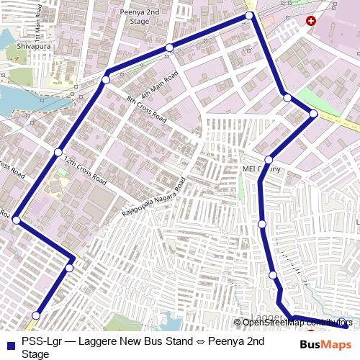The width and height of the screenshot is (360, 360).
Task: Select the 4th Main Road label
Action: pyautogui.click(x=159, y=86)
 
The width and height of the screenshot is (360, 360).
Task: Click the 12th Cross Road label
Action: pyautogui.click(x=85, y=168)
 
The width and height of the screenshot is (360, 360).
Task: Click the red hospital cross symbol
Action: pyautogui.click(x=310, y=22)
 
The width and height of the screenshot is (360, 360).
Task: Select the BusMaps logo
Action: pyautogui.click(x=325, y=346)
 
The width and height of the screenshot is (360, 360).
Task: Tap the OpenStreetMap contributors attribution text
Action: pyautogui.click(x=297, y=323)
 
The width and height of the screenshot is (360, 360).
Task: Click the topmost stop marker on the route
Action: pyautogui.click(x=249, y=15)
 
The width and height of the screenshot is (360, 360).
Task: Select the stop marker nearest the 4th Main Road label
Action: pyautogui.click(x=169, y=48)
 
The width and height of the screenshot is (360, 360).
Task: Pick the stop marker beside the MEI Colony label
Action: pyautogui.click(x=269, y=160)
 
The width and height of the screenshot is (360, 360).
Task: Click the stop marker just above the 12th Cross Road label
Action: pyautogui.click(x=58, y=152)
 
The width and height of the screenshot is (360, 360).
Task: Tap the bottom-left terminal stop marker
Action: pyautogui.click(x=37, y=315)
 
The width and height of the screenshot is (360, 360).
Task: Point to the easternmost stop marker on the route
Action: pyautogui.click(x=314, y=114)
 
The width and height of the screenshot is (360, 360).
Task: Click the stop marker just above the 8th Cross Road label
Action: pyautogui.click(x=106, y=80)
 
